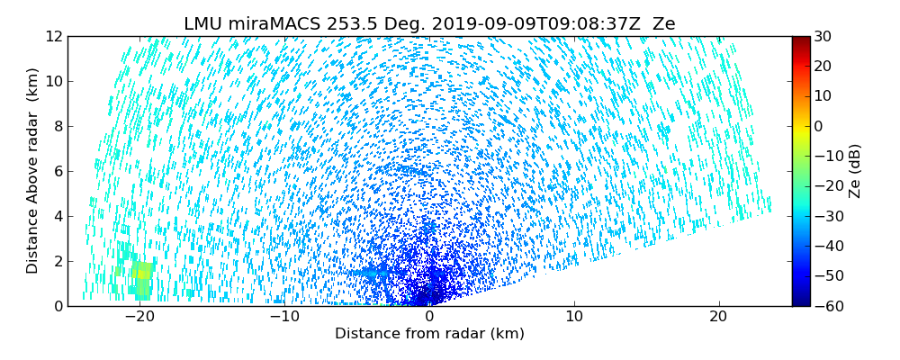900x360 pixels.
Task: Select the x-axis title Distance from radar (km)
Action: pyautogui.click(x=429, y=334)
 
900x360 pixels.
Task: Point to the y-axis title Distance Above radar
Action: pyautogui.click(x=33, y=171)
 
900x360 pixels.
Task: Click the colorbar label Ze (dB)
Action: pyautogui.click(x=854, y=171)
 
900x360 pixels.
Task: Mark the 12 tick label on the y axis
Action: pyautogui.click(x=53, y=36)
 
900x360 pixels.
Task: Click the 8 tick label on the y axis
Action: pyautogui.click(x=57, y=126)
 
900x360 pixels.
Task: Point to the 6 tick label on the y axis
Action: pyautogui.click(x=57, y=171)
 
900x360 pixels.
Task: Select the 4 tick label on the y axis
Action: pyautogui.click(x=57, y=216)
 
